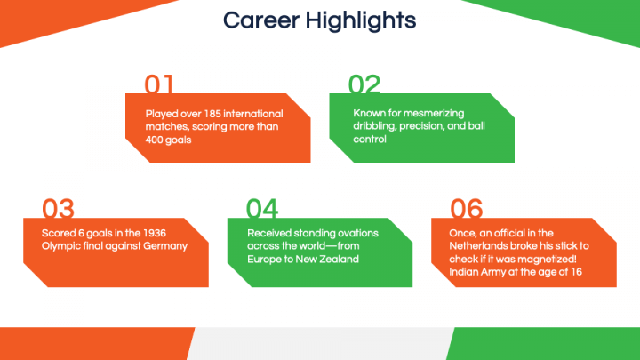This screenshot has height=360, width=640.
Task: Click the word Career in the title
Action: pyautogui.click(x=261, y=20)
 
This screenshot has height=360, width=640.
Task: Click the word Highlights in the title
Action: pyautogui.click(x=361, y=21)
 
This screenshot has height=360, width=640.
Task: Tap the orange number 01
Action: pyautogui.click(x=159, y=84)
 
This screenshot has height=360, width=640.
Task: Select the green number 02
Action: pyautogui.click(x=364, y=84)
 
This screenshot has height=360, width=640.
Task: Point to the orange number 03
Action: pyautogui.click(x=58, y=208)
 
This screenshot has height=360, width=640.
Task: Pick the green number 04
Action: pyautogui.click(x=262, y=208)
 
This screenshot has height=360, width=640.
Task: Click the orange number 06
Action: pyautogui.click(x=466, y=208)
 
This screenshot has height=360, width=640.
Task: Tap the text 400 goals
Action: pyautogui.click(x=168, y=140)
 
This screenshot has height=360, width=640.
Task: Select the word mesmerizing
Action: pyautogui.click(x=434, y=113)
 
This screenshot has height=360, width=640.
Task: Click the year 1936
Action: pyautogui.click(x=155, y=233)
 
